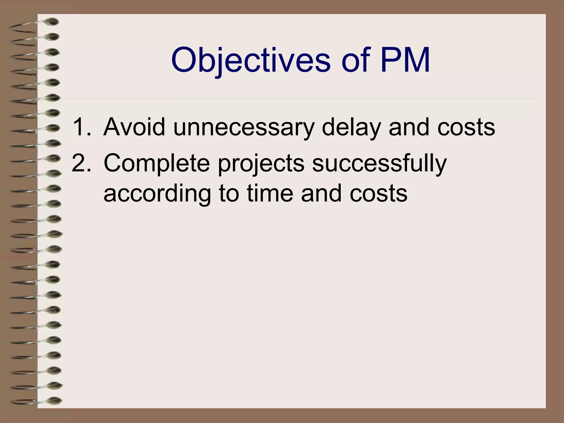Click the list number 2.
[x=81, y=163]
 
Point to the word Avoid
[x=134, y=127]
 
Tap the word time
[x=270, y=193]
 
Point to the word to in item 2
[x=229, y=194]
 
